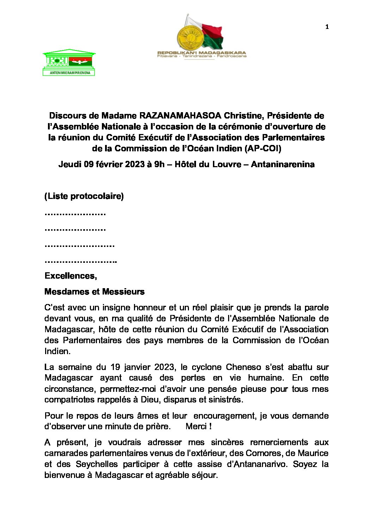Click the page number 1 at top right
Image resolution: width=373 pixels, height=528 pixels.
coord(327,27)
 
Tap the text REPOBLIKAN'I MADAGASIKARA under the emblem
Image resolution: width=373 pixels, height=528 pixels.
coord(202,53)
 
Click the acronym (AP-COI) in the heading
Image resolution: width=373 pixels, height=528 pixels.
coord(263,149)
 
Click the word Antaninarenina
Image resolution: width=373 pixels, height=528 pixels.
coord(282,164)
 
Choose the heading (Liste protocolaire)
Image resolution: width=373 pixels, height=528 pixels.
coord(84,196)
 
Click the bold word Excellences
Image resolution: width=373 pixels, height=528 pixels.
coord(71,276)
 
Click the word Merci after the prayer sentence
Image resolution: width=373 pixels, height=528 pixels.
coord(196,426)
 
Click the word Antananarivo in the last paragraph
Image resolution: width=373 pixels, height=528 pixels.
coord(261,464)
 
